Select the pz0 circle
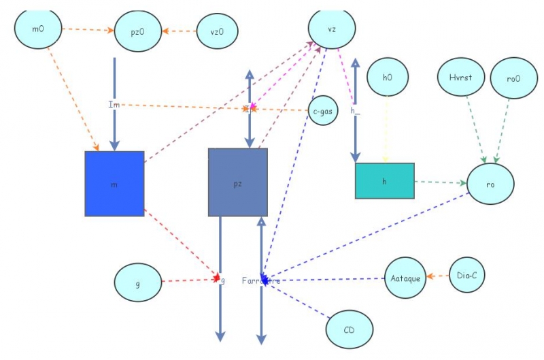(x=137, y=31)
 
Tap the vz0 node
(x=218, y=31)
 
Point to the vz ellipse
(x=332, y=29)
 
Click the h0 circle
(x=387, y=78)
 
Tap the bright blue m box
(x=114, y=184)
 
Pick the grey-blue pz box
(x=237, y=182)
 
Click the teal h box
(x=384, y=181)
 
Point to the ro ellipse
(x=490, y=184)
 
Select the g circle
(x=138, y=283)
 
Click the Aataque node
(x=407, y=278)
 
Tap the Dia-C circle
(x=466, y=275)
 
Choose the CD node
(x=350, y=331)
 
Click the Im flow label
(x=114, y=104)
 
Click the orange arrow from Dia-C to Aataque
(x=439, y=276)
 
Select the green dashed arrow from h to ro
(x=440, y=182)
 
